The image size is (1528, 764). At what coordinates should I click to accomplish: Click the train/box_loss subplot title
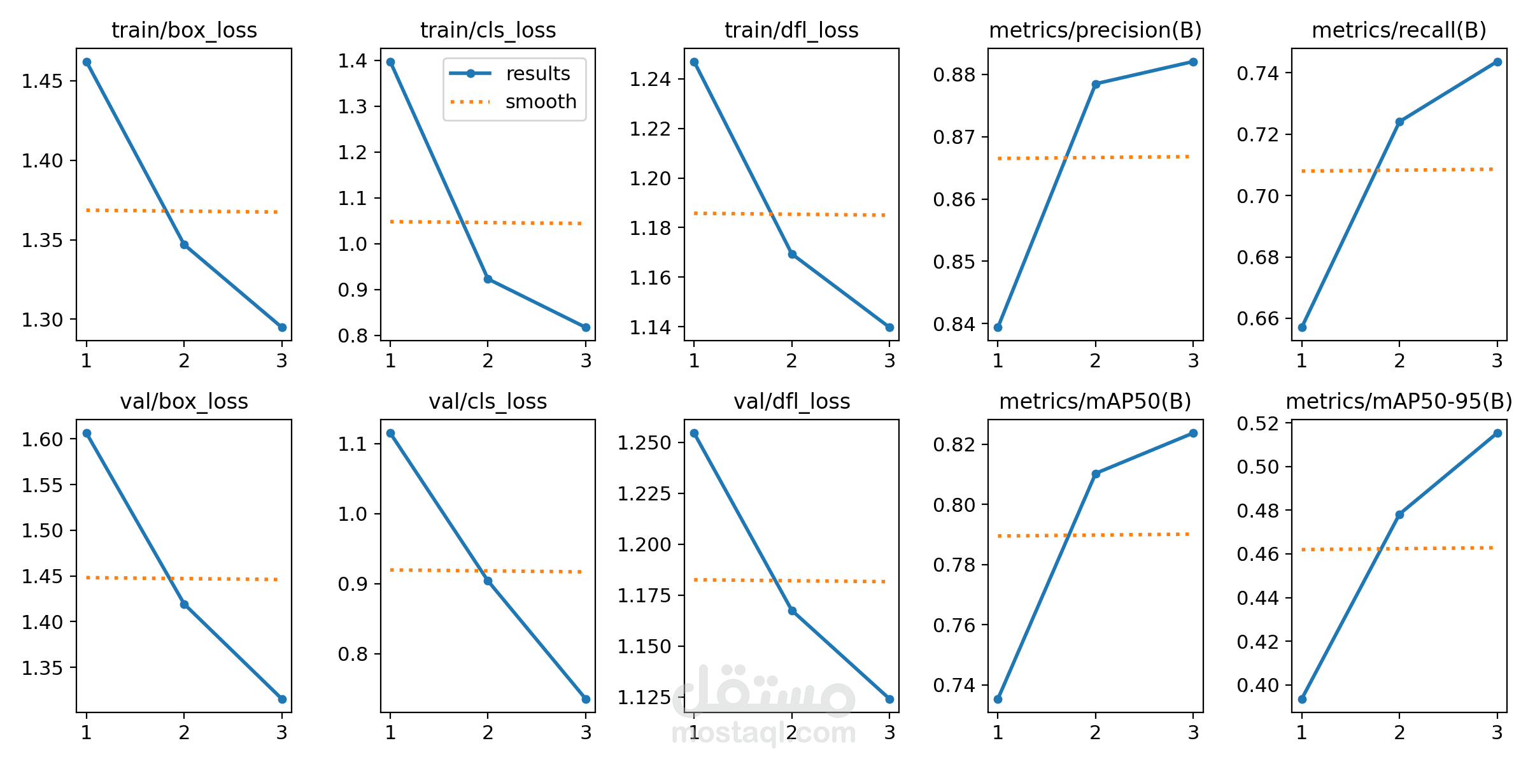tap(184, 30)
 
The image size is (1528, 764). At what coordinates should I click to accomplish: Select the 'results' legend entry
tap(537, 74)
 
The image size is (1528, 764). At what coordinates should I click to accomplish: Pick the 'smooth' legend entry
tap(540, 102)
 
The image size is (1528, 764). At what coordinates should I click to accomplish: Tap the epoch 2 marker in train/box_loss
tap(184, 244)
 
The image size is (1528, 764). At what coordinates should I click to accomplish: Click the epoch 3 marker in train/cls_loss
tap(586, 327)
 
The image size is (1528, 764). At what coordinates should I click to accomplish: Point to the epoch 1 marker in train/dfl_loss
tap(694, 62)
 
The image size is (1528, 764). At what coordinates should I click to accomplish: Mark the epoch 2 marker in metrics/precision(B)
tap(1096, 84)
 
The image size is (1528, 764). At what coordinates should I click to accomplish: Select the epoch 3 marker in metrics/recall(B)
tap(1497, 62)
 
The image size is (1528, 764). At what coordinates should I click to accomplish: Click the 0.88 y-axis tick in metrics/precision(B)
tap(954, 75)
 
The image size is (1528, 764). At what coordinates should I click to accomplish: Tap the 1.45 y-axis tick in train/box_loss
tap(42, 81)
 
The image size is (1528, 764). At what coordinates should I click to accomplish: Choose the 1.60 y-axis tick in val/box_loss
tap(42, 439)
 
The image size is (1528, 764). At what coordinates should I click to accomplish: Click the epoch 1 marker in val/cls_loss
tap(390, 433)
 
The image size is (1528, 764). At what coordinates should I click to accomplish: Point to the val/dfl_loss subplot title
tap(791, 402)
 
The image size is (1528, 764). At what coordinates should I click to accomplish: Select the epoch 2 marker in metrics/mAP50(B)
tap(1096, 474)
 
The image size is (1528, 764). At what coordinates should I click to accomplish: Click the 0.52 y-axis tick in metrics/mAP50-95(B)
tap(1257, 423)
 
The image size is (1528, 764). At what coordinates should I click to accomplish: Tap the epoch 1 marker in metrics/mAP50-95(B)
tap(1302, 699)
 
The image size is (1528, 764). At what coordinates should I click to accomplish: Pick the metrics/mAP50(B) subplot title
tap(1095, 402)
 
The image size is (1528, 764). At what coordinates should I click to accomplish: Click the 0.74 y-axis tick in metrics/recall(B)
tap(1257, 74)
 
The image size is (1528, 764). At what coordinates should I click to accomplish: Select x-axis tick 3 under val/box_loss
tap(281, 733)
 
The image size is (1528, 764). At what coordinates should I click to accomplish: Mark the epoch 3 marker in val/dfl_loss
tap(889, 699)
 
